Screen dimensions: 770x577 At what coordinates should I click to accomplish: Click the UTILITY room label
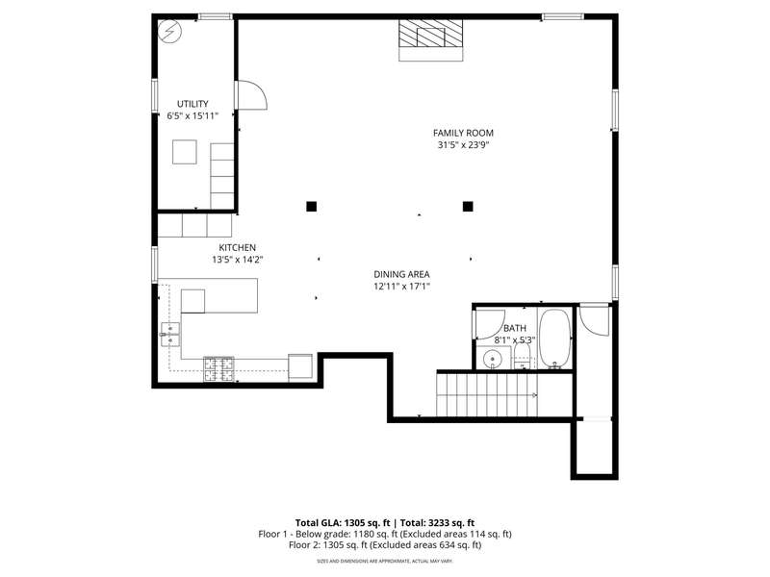192,104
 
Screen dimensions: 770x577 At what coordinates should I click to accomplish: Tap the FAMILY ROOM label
463,133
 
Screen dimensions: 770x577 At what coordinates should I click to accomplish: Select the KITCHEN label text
237,248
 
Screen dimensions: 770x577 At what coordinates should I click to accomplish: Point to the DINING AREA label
401,275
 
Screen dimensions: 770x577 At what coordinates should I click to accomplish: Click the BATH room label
515,328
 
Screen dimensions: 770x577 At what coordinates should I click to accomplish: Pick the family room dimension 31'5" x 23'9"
464,145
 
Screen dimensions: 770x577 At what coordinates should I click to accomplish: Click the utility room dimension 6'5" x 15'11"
192,116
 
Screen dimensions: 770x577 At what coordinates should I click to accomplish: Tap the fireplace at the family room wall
430,40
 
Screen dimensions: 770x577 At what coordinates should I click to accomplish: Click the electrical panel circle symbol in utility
170,32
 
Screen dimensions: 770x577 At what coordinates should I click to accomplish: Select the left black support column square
311,207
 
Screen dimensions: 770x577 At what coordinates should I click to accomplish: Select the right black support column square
468,207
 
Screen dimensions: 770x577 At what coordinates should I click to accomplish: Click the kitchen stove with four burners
219,369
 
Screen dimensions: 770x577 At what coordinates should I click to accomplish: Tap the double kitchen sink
170,334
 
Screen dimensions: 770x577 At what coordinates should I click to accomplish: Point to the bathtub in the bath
555,339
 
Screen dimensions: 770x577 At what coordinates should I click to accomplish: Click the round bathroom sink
492,360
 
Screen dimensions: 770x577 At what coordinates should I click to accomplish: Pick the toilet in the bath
522,355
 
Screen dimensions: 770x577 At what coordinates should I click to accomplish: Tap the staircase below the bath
487,395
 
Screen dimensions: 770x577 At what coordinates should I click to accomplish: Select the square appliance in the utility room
185,152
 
